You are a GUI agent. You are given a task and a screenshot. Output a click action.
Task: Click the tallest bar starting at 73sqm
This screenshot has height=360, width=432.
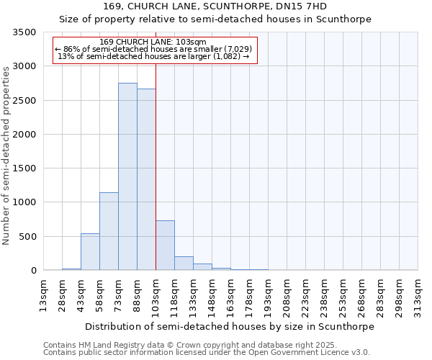point(127,176)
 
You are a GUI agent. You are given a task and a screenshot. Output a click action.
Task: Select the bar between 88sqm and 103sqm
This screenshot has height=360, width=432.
point(146,179)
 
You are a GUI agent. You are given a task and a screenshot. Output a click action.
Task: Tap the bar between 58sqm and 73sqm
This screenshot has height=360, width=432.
point(109,231)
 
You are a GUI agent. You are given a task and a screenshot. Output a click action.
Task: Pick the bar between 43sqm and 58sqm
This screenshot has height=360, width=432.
point(90,252)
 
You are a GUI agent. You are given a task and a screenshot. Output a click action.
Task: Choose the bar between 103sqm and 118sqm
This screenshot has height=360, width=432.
point(165,246)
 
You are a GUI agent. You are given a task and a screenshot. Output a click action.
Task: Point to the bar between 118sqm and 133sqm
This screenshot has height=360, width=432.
point(184,264)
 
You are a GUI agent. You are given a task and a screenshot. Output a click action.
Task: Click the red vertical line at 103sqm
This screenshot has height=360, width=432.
point(156,166)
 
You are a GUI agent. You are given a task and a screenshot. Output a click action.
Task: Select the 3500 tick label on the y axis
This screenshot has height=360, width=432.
point(24,33)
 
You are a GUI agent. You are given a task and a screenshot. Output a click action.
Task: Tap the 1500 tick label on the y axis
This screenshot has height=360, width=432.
point(24,168)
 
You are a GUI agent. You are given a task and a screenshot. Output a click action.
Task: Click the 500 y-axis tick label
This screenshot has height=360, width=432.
point(27,237)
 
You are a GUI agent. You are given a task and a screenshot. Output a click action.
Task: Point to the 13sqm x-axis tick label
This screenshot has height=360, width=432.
point(44,294)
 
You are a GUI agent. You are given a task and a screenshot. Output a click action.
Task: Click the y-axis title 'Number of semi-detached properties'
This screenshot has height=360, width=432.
point(6,152)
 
